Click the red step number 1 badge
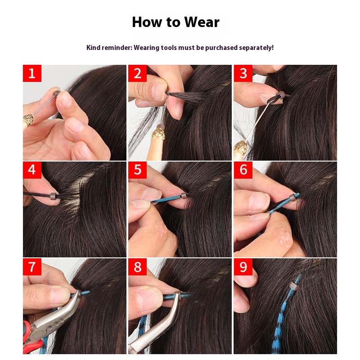32,73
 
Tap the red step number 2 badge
137,73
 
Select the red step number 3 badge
243,73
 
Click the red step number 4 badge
32,170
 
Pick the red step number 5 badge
137,170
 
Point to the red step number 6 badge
243,170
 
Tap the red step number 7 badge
32,267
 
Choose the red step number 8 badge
137,267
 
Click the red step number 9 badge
243,267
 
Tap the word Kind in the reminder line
94,47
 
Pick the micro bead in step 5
183,196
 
